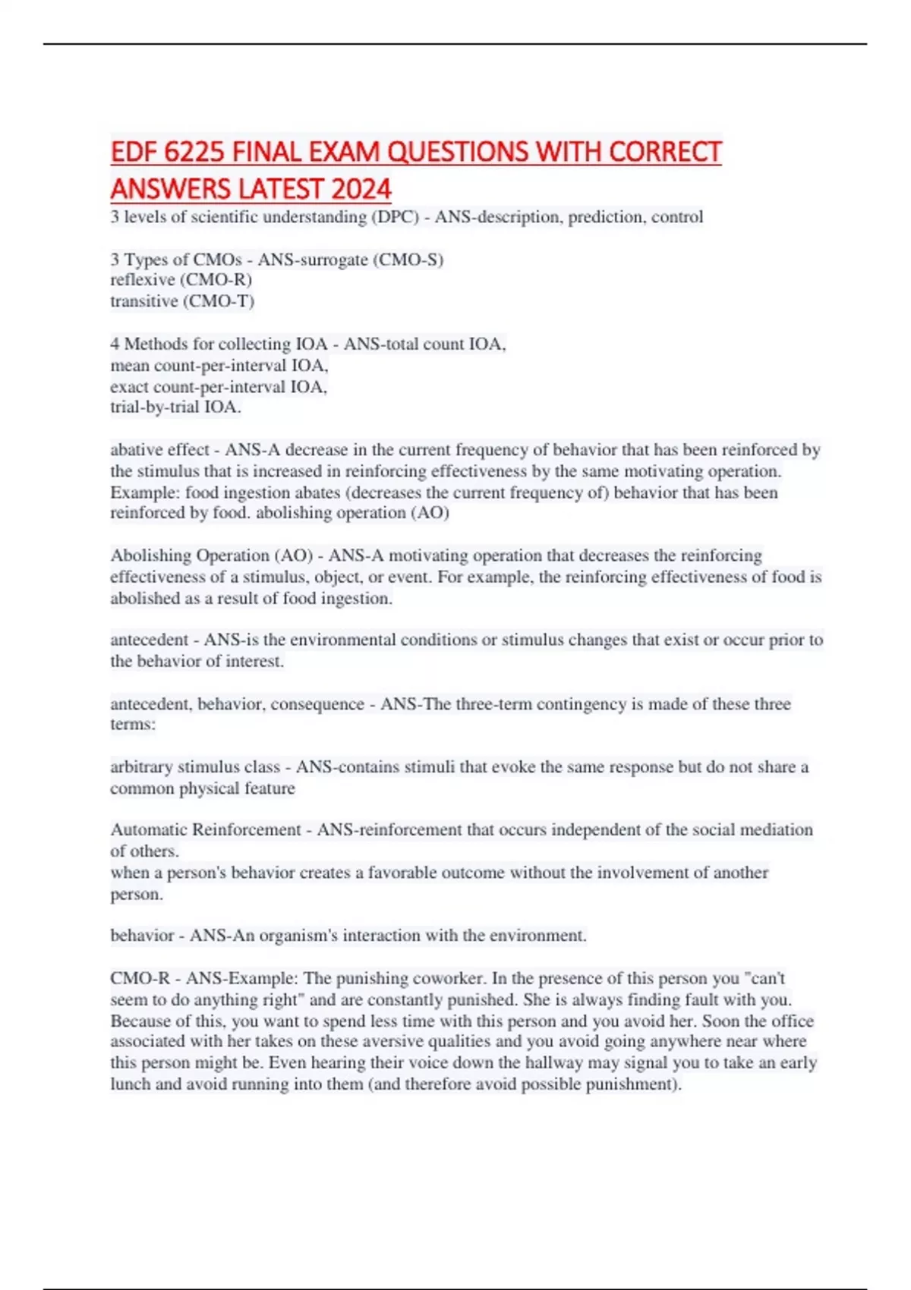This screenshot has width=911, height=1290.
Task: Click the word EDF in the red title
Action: click(x=134, y=153)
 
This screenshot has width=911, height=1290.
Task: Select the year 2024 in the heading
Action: click(x=361, y=189)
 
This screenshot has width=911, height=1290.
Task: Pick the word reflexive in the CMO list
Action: click(x=142, y=280)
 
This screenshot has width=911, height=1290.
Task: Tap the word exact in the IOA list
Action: click(x=130, y=387)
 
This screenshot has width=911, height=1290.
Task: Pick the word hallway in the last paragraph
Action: click(x=556, y=1063)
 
